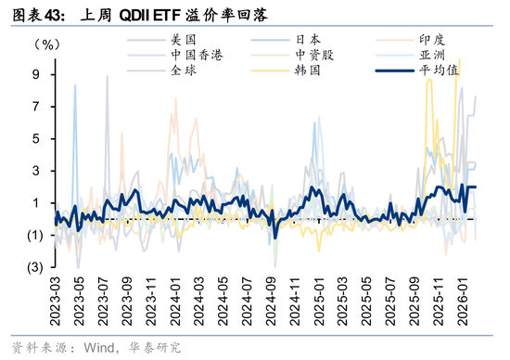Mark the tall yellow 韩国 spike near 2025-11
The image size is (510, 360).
click(428, 82)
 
